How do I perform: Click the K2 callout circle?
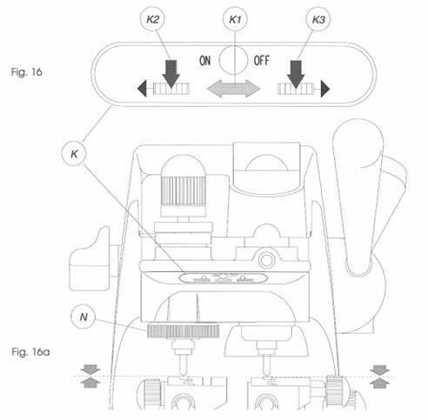pyautogui.click(x=153, y=19)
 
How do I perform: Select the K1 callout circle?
pyautogui.click(x=235, y=19)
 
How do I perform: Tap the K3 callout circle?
pyautogui.click(x=318, y=19)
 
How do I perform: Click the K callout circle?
pyautogui.click(x=75, y=154)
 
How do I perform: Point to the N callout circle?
pyautogui.click(x=84, y=317)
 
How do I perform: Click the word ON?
pyautogui.click(x=205, y=61)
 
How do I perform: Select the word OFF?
pyautogui.click(x=262, y=61)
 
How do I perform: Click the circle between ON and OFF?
pyautogui.click(x=233, y=60)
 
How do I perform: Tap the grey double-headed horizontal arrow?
pyautogui.click(x=234, y=89)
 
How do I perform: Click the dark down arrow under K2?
pyautogui.click(x=171, y=74)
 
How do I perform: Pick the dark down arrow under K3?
pyautogui.click(x=296, y=74)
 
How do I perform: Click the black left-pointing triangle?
pyautogui.click(x=142, y=89)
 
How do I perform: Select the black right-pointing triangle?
pyautogui.click(x=325, y=89)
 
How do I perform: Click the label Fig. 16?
pyautogui.click(x=27, y=72)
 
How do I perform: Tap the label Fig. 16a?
pyautogui.click(x=30, y=352)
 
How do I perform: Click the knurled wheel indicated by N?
pyautogui.click(x=183, y=331)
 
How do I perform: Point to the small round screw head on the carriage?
pyautogui.click(x=266, y=260)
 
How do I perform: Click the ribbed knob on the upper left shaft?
pyautogui.click(x=184, y=191)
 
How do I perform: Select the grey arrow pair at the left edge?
pyautogui.click(x=90, y=377)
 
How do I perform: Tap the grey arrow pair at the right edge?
pyautogui.click(x=380, y=377)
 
